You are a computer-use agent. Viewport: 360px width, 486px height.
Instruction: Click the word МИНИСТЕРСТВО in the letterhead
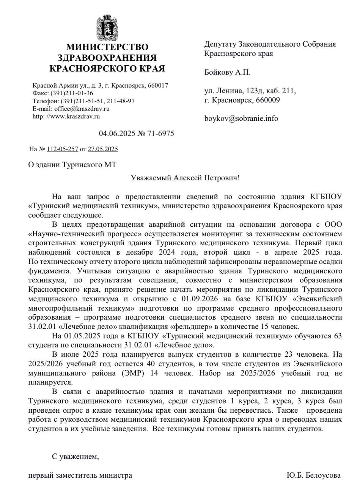[107, 47]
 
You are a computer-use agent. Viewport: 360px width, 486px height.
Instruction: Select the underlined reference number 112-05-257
[62, 149]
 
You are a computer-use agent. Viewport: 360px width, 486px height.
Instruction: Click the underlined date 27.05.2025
[103, 149]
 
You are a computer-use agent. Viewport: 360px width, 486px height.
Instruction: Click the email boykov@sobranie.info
[241, 118]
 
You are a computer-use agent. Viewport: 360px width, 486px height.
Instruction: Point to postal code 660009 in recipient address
[268, 100]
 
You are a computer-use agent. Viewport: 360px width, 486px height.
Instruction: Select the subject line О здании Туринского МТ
[72, 165]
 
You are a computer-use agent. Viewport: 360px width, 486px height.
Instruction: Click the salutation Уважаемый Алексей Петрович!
[185, 178]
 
